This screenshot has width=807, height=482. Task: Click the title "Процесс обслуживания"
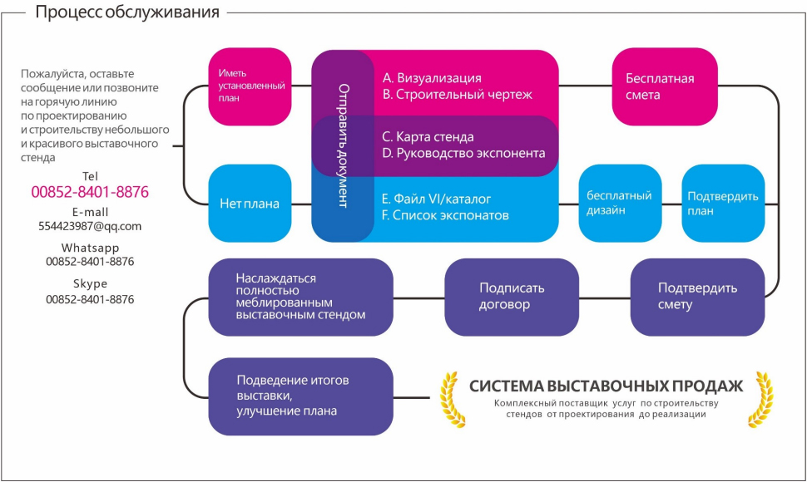coord(127,12)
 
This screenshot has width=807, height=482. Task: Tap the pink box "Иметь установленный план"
coord(250,86)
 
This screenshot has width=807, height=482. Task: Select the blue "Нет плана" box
coord(250,203)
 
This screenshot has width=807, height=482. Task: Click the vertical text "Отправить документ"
coord(343,145)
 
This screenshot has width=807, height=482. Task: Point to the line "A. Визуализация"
coord(432,78)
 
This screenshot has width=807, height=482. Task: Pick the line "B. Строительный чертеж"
coord(457,95)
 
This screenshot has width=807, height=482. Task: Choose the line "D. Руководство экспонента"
coord(463,154)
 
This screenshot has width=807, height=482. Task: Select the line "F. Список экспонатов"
coord(445,215)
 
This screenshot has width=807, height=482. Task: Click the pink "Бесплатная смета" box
coord(664,86)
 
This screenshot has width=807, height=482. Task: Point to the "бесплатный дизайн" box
coord(619,203)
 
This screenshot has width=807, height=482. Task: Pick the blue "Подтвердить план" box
coord(723,203)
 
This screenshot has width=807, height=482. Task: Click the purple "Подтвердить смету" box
coord(697,297)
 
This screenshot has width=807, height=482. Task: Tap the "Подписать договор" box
coord(512,297)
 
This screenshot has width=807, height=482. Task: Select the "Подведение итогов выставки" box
coord(300,396)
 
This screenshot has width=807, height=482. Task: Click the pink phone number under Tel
coord(90,192)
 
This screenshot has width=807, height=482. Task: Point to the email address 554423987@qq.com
coord(90,226)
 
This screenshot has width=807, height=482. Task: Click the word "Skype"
coord(90,283)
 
